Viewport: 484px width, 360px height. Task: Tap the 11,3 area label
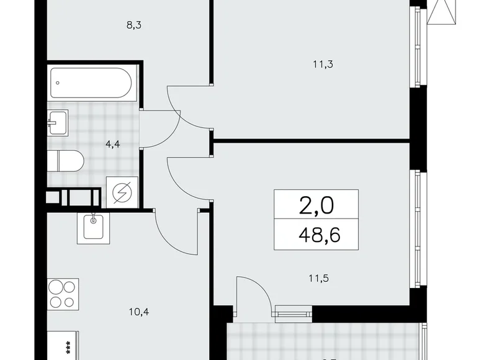point(317,63)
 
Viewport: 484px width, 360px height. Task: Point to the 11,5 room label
point(317,278)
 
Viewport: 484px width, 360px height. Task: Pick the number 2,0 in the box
point(316,205)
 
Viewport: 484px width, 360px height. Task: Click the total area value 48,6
point(316,235)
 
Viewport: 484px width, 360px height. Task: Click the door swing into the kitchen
point(171,228)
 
